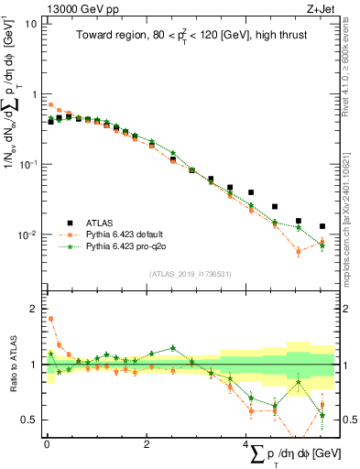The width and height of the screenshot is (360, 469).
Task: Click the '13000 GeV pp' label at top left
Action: click(72, 8)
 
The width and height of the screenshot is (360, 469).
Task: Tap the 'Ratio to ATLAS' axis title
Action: click(11, 365)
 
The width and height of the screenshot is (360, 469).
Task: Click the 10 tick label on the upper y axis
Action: click(29, 24)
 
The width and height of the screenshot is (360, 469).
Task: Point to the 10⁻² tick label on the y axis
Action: click(27, 235)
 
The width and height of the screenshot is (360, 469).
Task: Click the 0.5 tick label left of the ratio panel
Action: click(29, 420)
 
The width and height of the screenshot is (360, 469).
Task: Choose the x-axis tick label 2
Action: click(147, 444)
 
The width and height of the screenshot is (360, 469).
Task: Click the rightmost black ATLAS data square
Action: click(322, 226)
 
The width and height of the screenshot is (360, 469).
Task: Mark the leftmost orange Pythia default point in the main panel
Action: click(50, 104)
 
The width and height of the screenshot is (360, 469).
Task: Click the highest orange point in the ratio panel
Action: click(50, 319)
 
